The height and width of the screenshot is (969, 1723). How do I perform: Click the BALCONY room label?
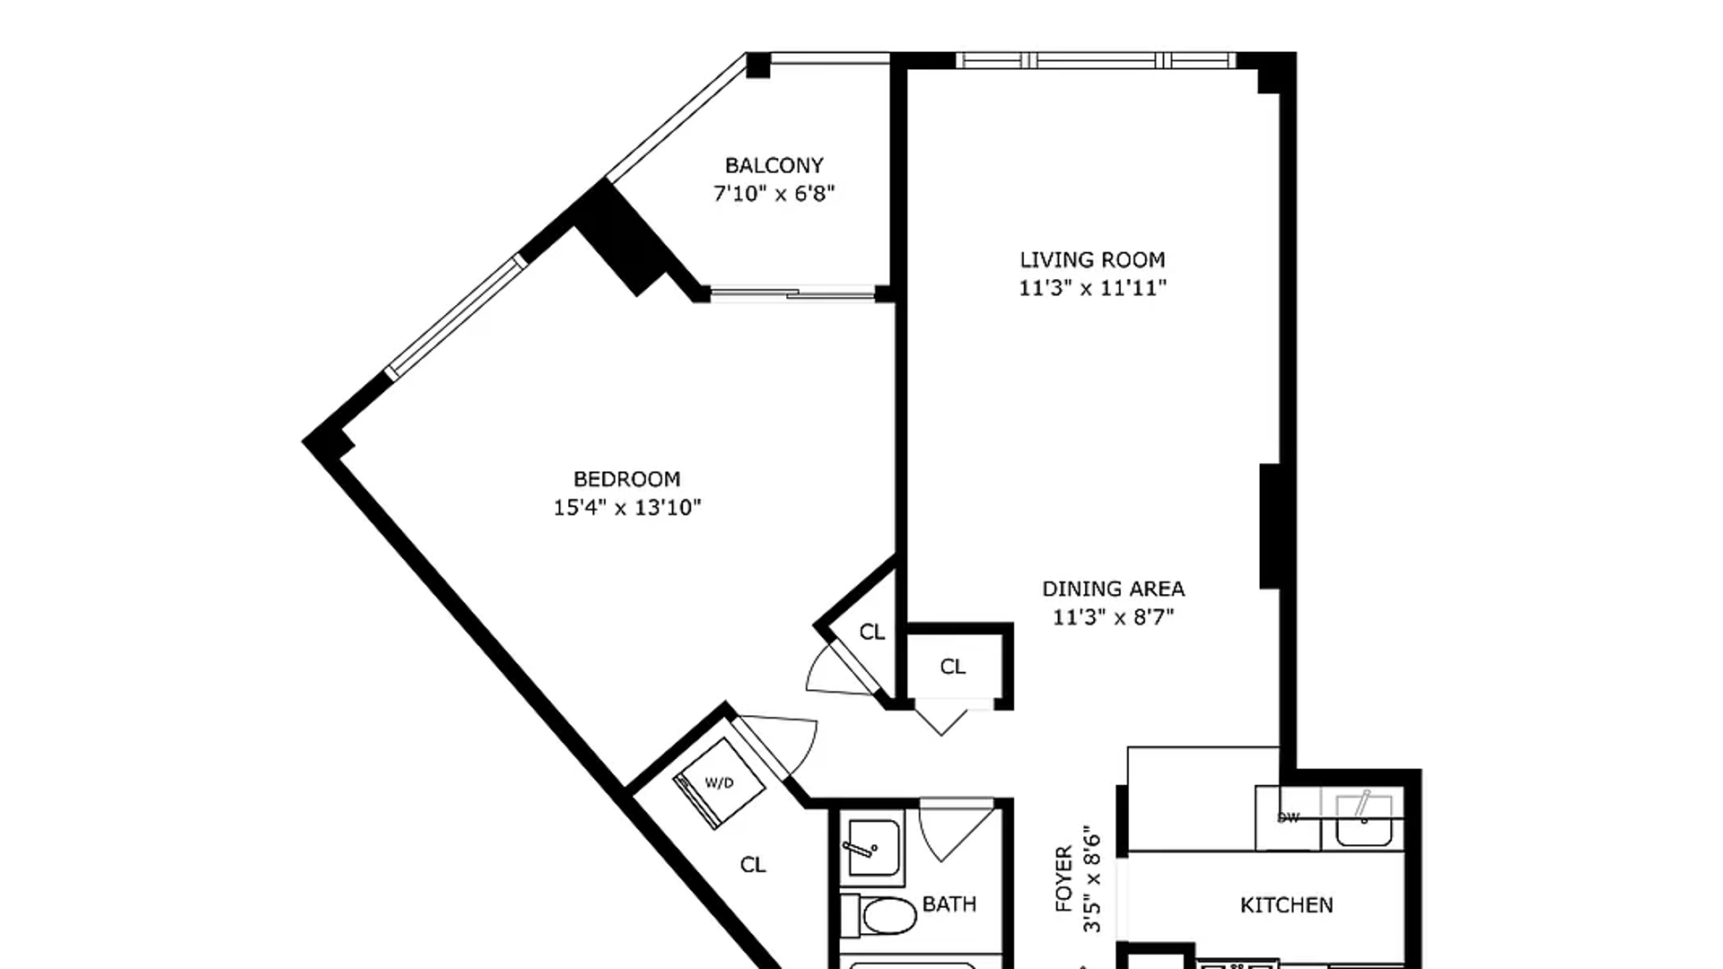pos(774,165)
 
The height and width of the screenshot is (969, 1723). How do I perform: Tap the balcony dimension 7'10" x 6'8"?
pos(774,193)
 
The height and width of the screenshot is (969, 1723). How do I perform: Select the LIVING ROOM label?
pos(1092,259)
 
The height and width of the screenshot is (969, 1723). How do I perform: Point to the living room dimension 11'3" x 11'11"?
pos(1092,288)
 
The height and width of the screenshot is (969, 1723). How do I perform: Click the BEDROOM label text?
pos(626,478)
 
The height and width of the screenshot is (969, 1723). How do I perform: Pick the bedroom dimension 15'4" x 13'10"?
pos(626,508)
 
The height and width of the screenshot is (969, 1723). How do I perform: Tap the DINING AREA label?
pos(1113,589)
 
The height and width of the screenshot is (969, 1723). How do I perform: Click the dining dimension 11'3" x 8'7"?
pos(1113,617)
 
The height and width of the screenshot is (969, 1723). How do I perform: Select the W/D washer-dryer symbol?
pos(719,783)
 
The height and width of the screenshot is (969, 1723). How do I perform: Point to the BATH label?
pos(949,904)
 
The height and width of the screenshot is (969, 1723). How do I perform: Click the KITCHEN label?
pos(1286,905)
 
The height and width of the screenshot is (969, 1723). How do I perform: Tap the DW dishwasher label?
pos(1288,817)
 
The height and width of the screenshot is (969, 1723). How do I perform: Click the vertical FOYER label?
pos(1064,879)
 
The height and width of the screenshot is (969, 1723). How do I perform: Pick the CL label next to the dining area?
pos(952,667)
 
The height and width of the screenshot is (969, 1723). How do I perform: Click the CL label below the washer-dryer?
pos(752,864)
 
